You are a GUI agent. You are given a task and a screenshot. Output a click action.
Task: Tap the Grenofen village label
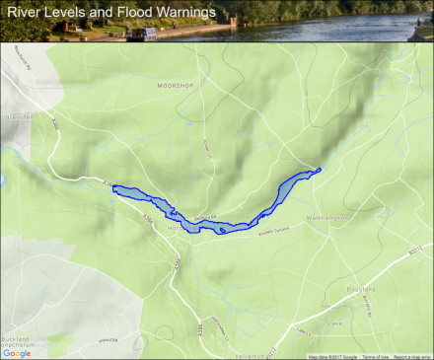pyautogui.click(x=18, y=116)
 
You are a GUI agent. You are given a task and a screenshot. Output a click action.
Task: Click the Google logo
pyautogui.click(x=17, y=352)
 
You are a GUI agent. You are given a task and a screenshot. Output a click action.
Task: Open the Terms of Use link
pyautogui.click(x=376, y=356)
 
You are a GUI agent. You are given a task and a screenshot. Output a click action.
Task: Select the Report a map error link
pyautogui.click(x=412, y=356)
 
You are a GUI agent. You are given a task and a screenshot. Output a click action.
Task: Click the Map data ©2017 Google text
pyautogui.click(x=332, y=356)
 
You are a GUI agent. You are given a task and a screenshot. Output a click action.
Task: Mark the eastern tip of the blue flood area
pyautogui.click(x=321, y=171)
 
